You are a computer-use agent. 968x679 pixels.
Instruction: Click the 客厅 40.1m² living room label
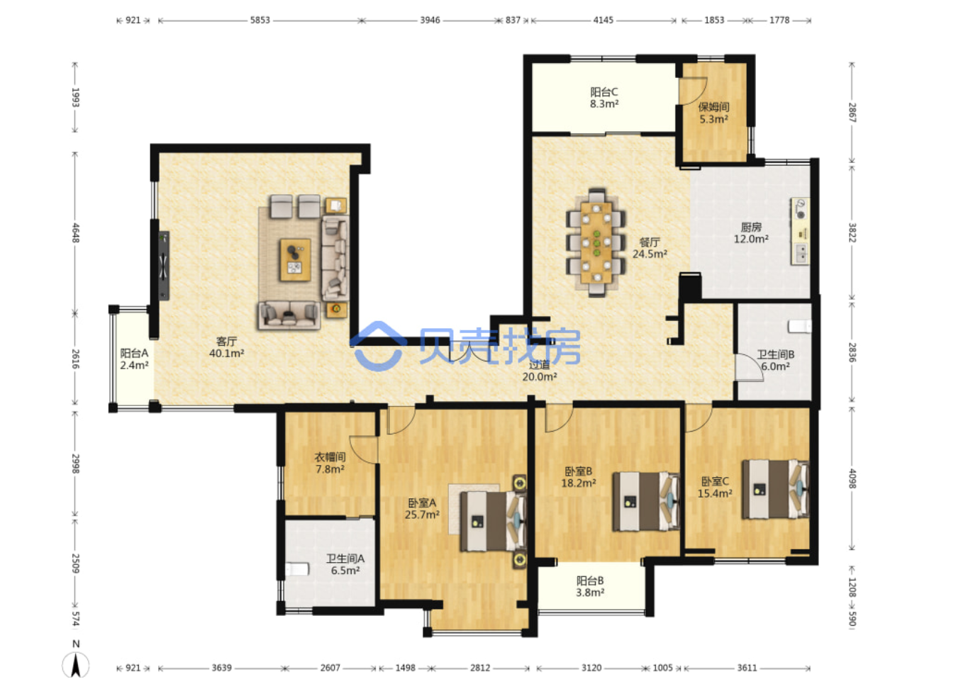pos(226,347)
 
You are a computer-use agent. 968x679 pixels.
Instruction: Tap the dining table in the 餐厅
pos(596,242)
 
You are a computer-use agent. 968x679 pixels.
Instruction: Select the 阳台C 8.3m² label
pos(604,98)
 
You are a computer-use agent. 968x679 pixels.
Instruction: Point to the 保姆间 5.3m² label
pos(714,113)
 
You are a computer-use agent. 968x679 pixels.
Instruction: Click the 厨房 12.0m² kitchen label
pos(751,232)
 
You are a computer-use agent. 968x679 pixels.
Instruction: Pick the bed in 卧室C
pos(775,489)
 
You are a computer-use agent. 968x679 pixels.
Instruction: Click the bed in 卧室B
pos(645,501)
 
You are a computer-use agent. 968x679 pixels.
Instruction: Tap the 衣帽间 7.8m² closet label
pos(330,463)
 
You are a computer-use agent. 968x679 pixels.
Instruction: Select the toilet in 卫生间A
pos(297,569)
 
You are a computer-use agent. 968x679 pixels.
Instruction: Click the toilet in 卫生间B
pos(799,326)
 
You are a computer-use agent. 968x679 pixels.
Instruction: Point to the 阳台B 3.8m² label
pos(590,587)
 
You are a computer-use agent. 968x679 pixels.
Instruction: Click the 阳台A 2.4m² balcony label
pos(135,359)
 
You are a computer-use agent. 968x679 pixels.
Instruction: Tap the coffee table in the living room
pos(295,260)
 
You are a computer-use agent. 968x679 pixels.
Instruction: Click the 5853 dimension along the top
pos(260,21)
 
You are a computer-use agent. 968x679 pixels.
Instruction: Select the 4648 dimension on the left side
pos(75,232)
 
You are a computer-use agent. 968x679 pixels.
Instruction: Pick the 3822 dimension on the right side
pos(852,232)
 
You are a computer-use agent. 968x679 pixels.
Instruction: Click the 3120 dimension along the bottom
pos(591,668)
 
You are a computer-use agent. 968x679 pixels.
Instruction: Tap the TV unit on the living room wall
pos(163,266)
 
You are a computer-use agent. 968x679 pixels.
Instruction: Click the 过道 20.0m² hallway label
pos(539,371)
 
